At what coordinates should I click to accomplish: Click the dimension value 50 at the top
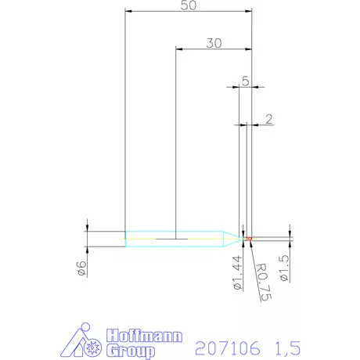tap(188, 5)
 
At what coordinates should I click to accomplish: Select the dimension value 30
tap(214, 43)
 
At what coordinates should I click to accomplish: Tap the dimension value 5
tap(246, 80)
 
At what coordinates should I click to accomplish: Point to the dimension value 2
tap(269, 119)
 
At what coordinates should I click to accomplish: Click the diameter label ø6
tap(80, 268)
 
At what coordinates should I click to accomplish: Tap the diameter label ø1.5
tap(283, 268)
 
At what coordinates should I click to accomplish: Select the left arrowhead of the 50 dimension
tap(129, 11)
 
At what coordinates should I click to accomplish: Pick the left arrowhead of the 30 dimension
tap(180, 49)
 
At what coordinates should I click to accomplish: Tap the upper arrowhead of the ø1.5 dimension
tap(290, 233)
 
